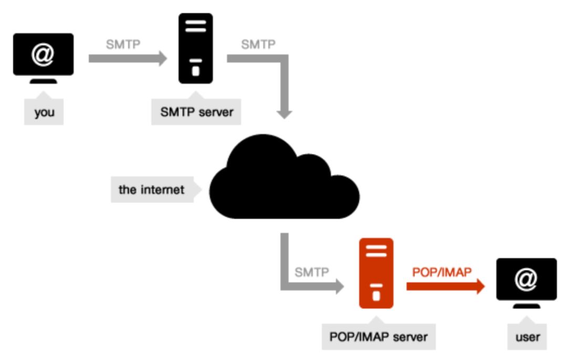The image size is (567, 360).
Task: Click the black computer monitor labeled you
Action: tap(43, 56)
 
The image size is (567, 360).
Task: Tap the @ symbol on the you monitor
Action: tap(43, 54)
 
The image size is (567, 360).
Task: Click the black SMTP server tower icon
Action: tap(196, 48)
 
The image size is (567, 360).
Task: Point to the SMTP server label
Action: tap(196, 112)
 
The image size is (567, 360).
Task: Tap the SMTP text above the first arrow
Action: tap(123, 44)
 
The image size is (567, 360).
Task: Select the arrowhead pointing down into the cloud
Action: tap(284, 113)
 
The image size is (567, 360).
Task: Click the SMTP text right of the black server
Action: tap(258, 44)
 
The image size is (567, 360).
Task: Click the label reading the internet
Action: tap(152, 189)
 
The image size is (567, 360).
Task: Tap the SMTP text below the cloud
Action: tap(312, 272)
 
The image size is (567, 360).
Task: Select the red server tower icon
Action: tap(376, 273)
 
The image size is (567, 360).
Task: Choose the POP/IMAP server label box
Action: tap(379, 336)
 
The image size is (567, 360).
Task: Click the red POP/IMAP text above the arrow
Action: tap(442, 272)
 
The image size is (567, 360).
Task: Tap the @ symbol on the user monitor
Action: tap(526, 279)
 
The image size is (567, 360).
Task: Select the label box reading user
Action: tap(528, 337)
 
